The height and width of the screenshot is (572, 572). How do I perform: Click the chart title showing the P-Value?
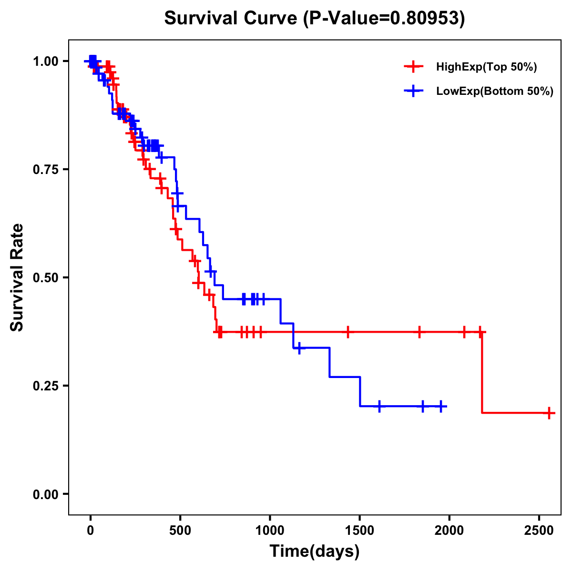[315, 18]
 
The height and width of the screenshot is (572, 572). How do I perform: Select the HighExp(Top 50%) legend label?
[486, 67]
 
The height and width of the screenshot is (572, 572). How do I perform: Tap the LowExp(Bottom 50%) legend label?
[494, 92]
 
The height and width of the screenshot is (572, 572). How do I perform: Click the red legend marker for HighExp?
[413, 67]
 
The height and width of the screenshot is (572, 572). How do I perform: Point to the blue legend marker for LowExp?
[413, 92]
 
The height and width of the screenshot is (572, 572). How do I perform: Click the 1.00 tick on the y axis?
[46, 61]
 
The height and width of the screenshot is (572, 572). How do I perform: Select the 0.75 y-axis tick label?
[46, 170]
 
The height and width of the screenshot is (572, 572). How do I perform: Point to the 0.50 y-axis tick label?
[46, 278]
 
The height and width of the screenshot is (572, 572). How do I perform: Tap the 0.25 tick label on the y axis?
[46, 386]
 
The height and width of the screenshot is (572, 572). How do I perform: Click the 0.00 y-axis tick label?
[46, 494]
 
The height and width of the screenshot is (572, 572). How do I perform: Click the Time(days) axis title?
[315, 552]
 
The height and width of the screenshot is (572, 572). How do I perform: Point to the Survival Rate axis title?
[17, 277]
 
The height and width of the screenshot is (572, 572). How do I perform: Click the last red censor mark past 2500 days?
[550, 413]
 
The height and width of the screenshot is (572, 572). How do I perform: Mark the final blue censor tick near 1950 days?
[441, 406]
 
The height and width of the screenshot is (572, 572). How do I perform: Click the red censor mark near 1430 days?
[348, 332]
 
